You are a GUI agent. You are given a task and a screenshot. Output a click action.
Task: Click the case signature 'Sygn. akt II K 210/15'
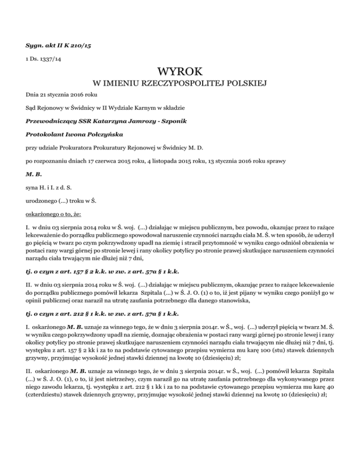[52, 47]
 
